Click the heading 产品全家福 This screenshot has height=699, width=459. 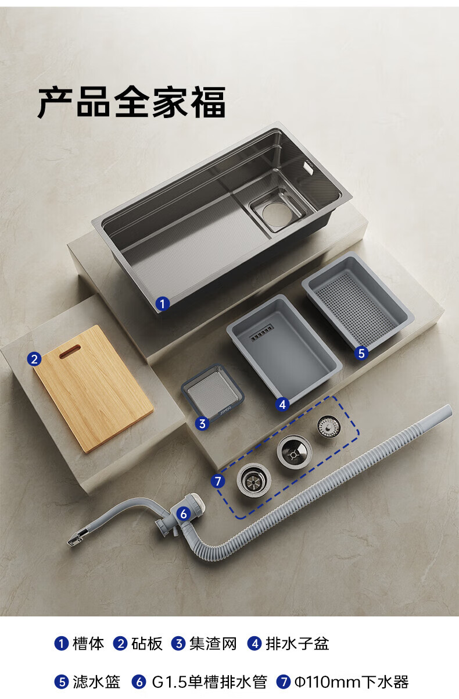coord(131,102)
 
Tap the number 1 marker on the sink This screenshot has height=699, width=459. coord(163,304)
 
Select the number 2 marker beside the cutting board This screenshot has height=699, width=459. coord(34,359)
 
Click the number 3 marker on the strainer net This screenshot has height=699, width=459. coord(202,423)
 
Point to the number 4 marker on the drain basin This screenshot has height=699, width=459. coord(282,404)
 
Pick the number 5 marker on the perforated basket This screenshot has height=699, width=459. coord(361,353)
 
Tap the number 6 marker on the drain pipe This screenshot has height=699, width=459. coord(184,513)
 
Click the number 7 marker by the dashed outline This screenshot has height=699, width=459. coord(218,481)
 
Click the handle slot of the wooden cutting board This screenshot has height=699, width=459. coord(70,352)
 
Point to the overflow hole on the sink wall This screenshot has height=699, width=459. coord(308,166)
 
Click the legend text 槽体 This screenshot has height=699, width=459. coord(88,643)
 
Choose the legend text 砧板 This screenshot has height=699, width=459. coord(146,643)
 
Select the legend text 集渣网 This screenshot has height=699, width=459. coord(213,643)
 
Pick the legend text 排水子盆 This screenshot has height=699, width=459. coord(297,643)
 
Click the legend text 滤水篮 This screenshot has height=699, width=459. coord(96,682)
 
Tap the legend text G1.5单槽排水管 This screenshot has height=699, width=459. coord(210,682)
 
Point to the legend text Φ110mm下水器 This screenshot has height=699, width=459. coord(352,682)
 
